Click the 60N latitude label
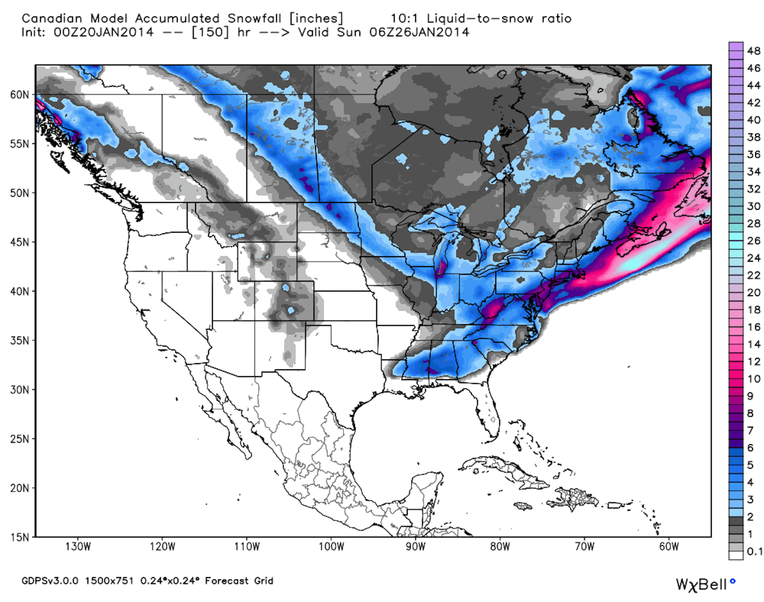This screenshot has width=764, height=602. click(x=19, y=95)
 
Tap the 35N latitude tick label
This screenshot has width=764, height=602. click(x=19, y=340)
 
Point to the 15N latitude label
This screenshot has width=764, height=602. click(x=19, y=537)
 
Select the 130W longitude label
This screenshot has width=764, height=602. click(x=78, y=547)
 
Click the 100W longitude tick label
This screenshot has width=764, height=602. click(x=331, y=547)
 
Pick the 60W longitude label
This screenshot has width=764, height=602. click(x=669, y=547)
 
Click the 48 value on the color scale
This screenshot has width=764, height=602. click(x=754, y=51)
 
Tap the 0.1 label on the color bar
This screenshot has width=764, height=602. click(x=754, y=551)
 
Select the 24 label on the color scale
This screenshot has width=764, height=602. click(x=754, y=258)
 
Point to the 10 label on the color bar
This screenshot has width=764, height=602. click(x=754, y=379)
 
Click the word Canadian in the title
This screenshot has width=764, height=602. click(x=52, y=18)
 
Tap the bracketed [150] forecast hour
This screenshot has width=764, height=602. click(x=210, y=32)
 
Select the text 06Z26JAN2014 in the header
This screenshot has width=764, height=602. click(x=419, y=32)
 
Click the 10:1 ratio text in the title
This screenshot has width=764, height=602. click(x=404, y=18)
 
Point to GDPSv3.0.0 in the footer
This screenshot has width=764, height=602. click(x=50, y=581)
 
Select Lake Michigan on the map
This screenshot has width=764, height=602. click(x=443, y=252)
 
